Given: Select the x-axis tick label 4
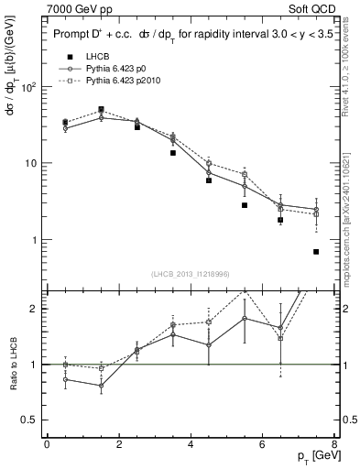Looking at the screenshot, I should tap(191, 443).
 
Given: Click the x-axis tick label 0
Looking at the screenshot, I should tap(47, 443).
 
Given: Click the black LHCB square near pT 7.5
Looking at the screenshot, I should tap(316, 252).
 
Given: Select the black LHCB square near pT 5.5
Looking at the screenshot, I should tap(245, 205).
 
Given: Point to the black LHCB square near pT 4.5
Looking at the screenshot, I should tap(209, 180).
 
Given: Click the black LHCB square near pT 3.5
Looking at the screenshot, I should tap(173, 153).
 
